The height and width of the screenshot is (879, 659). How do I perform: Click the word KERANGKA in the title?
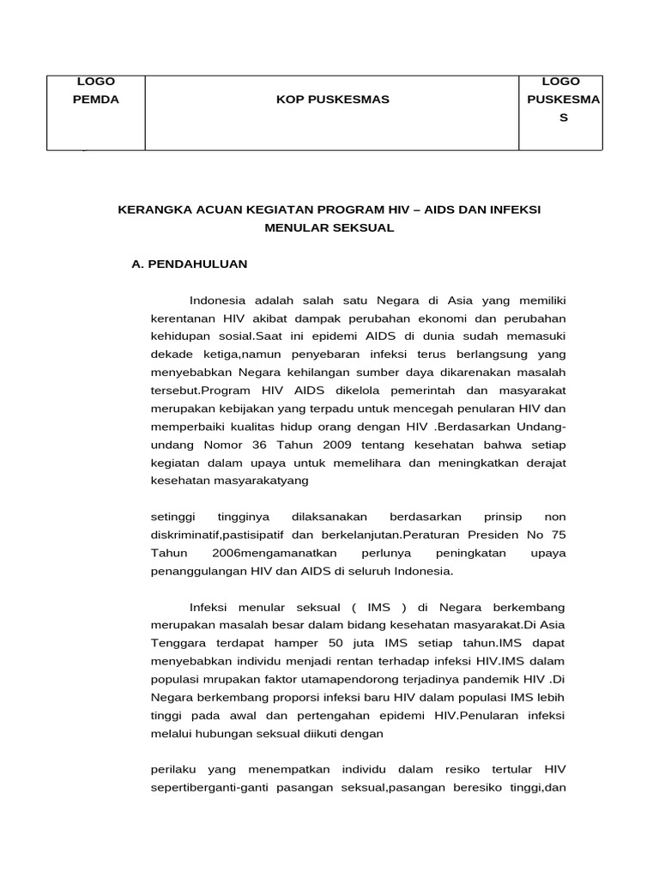click(x=154, y=210)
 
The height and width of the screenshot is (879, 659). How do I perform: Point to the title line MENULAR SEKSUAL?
click(x=330, y=228)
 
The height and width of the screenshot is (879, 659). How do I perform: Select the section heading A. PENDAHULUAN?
click(x=189, y=264)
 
